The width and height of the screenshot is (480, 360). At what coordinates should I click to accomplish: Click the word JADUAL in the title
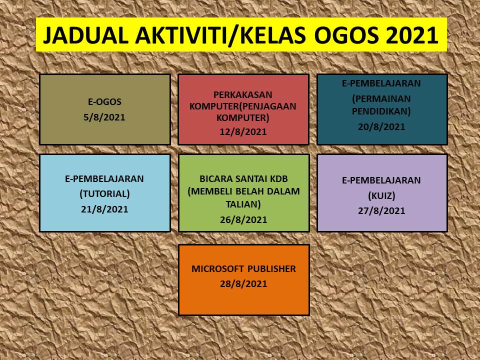click(x=85, y=35)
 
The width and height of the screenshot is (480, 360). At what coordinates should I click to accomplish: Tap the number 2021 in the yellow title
click(x=411, y=35)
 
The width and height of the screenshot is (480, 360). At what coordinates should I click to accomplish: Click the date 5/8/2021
click(x=104, y=117)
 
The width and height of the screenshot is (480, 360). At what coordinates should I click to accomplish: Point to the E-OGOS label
click(x=104, y=101)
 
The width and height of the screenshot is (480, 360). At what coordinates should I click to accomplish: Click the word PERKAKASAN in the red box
click(x=243, y=94)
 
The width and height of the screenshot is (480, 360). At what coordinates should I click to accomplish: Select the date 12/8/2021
click(x=243, y=131)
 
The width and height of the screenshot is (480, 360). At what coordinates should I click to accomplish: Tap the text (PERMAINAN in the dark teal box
click(x=381, y=99)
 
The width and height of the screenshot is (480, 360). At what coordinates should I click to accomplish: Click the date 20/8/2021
click(x=381, y=126)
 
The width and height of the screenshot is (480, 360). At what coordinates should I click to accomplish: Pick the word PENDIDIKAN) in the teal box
click(x=381, y=111)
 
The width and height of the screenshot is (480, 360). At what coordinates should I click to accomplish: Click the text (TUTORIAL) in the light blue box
click(x=104, y=194)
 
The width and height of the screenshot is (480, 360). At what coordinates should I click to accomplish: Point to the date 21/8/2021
click(x=104, y=209)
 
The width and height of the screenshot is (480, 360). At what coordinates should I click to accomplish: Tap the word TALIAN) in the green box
click(x=243, y=204)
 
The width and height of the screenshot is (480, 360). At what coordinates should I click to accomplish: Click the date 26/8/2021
click(x=243, y=220)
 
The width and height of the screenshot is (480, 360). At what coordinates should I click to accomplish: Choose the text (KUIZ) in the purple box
click(x=381, y=195)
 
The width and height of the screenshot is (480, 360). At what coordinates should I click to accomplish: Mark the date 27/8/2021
click(x=381, y=211)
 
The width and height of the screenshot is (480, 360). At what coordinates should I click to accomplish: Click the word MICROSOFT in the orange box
click(x=218, y=269)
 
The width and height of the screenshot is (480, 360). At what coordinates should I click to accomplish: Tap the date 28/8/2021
click(x=243, y=284)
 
